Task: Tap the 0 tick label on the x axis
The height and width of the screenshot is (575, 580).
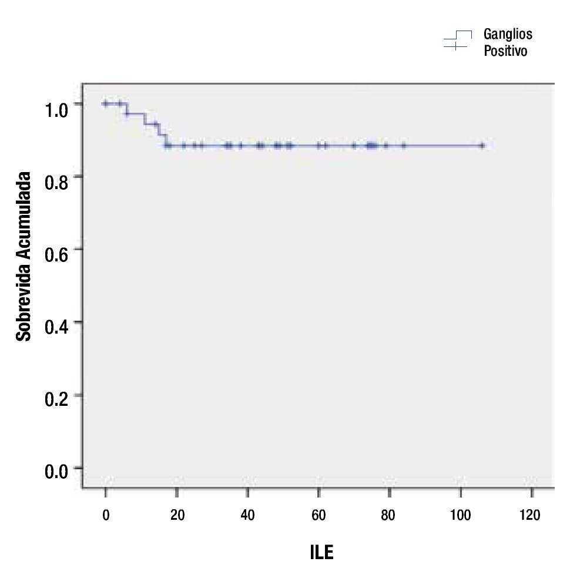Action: (x=106, y=515)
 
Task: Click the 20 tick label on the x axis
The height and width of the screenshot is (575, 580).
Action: (x=177, y=515)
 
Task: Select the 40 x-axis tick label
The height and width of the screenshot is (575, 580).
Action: (x=248, y=515)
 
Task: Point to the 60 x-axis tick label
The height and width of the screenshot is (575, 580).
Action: (x=319, y=515)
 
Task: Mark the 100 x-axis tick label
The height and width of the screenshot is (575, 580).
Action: (x=460, y=515)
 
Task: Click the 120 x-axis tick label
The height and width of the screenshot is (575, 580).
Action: (x=531, y=515)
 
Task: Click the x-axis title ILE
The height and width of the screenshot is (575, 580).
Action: (x=321, y=553)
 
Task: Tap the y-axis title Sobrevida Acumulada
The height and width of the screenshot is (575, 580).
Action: (x=24, y=256)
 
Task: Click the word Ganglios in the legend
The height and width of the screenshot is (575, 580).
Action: (x=508, y=34)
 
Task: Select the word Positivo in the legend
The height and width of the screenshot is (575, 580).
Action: (x=505, y=51)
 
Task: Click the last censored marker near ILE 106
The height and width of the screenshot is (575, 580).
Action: (x=481, y=145)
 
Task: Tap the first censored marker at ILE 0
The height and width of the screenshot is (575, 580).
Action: (x=106, y=103)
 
